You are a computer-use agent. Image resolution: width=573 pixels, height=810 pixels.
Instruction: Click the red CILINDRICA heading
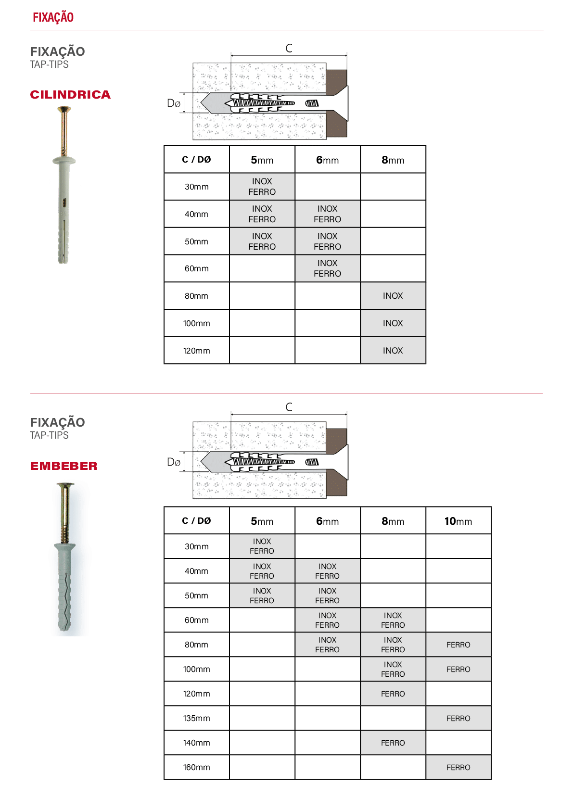70,95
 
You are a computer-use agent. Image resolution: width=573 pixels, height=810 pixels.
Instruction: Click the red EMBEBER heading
64,466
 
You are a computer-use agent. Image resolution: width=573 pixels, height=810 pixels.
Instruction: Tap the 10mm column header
458,521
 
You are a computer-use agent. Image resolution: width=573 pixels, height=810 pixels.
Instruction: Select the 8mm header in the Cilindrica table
393,160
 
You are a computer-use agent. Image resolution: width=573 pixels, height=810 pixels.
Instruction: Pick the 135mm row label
196,718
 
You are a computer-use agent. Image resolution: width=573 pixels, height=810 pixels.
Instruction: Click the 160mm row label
196,767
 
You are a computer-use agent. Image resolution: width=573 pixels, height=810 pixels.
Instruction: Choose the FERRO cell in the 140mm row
393,743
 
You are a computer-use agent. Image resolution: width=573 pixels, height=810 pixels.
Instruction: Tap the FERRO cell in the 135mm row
458,718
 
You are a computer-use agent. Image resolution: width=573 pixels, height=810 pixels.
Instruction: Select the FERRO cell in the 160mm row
458,767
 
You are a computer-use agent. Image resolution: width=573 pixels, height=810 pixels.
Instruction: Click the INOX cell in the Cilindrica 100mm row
393,323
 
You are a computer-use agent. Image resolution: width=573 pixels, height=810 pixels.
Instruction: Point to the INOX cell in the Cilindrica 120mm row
393,351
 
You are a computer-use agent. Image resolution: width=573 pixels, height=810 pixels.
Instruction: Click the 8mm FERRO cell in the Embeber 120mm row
393,694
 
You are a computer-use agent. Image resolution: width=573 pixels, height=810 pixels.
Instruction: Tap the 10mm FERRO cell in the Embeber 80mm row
458,645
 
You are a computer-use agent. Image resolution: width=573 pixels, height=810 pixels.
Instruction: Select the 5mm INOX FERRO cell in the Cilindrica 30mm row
262,187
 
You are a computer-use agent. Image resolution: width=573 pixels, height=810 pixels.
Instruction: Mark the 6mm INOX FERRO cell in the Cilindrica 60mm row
327,268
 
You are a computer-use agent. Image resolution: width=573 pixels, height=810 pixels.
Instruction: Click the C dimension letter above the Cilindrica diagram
289,48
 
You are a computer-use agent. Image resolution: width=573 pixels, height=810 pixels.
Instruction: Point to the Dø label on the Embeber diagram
174,462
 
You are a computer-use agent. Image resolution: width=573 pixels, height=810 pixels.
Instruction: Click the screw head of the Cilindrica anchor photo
64,109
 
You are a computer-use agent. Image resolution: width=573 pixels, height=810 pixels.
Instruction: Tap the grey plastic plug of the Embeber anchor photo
65,586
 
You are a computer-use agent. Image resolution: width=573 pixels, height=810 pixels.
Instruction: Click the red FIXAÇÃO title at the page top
53,17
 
